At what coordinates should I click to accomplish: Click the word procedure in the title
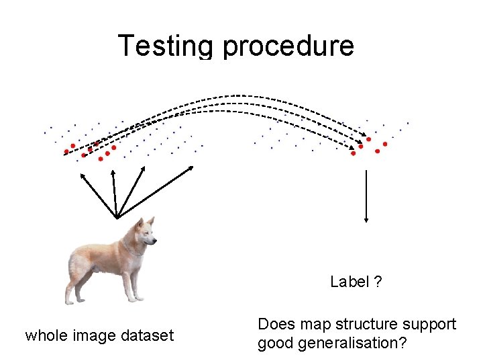[288, 46]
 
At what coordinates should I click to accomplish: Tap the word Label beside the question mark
[350, 282]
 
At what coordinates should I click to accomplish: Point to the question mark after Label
[378, 282]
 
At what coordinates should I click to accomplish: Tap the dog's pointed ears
[143, 221]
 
